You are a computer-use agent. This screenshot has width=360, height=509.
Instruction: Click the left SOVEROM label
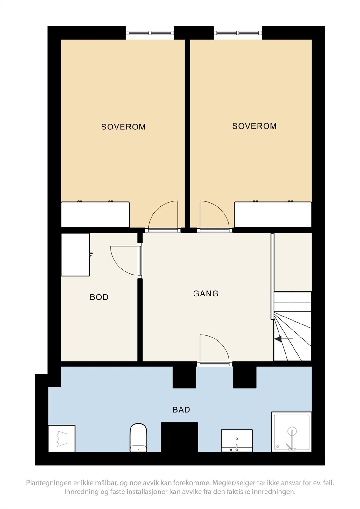123,127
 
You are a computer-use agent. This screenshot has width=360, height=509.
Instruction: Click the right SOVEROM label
254,126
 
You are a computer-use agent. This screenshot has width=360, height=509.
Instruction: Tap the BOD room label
99,297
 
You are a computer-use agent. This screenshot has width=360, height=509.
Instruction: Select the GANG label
206,293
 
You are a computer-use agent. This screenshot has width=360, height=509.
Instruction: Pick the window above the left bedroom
150,33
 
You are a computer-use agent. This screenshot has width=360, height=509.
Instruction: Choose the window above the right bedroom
238,33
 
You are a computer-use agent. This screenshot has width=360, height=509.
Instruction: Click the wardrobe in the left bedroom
95,214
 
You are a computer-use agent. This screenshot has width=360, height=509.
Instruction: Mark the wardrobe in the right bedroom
273,214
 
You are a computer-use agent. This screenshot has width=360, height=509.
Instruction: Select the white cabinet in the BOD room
75,254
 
